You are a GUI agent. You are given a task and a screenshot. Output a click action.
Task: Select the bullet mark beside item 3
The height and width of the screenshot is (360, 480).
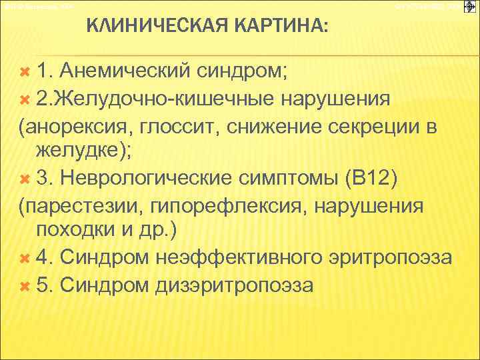(x=26, y=181)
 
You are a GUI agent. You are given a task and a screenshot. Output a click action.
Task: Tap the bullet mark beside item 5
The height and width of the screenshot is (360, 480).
(x=26, y=285)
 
